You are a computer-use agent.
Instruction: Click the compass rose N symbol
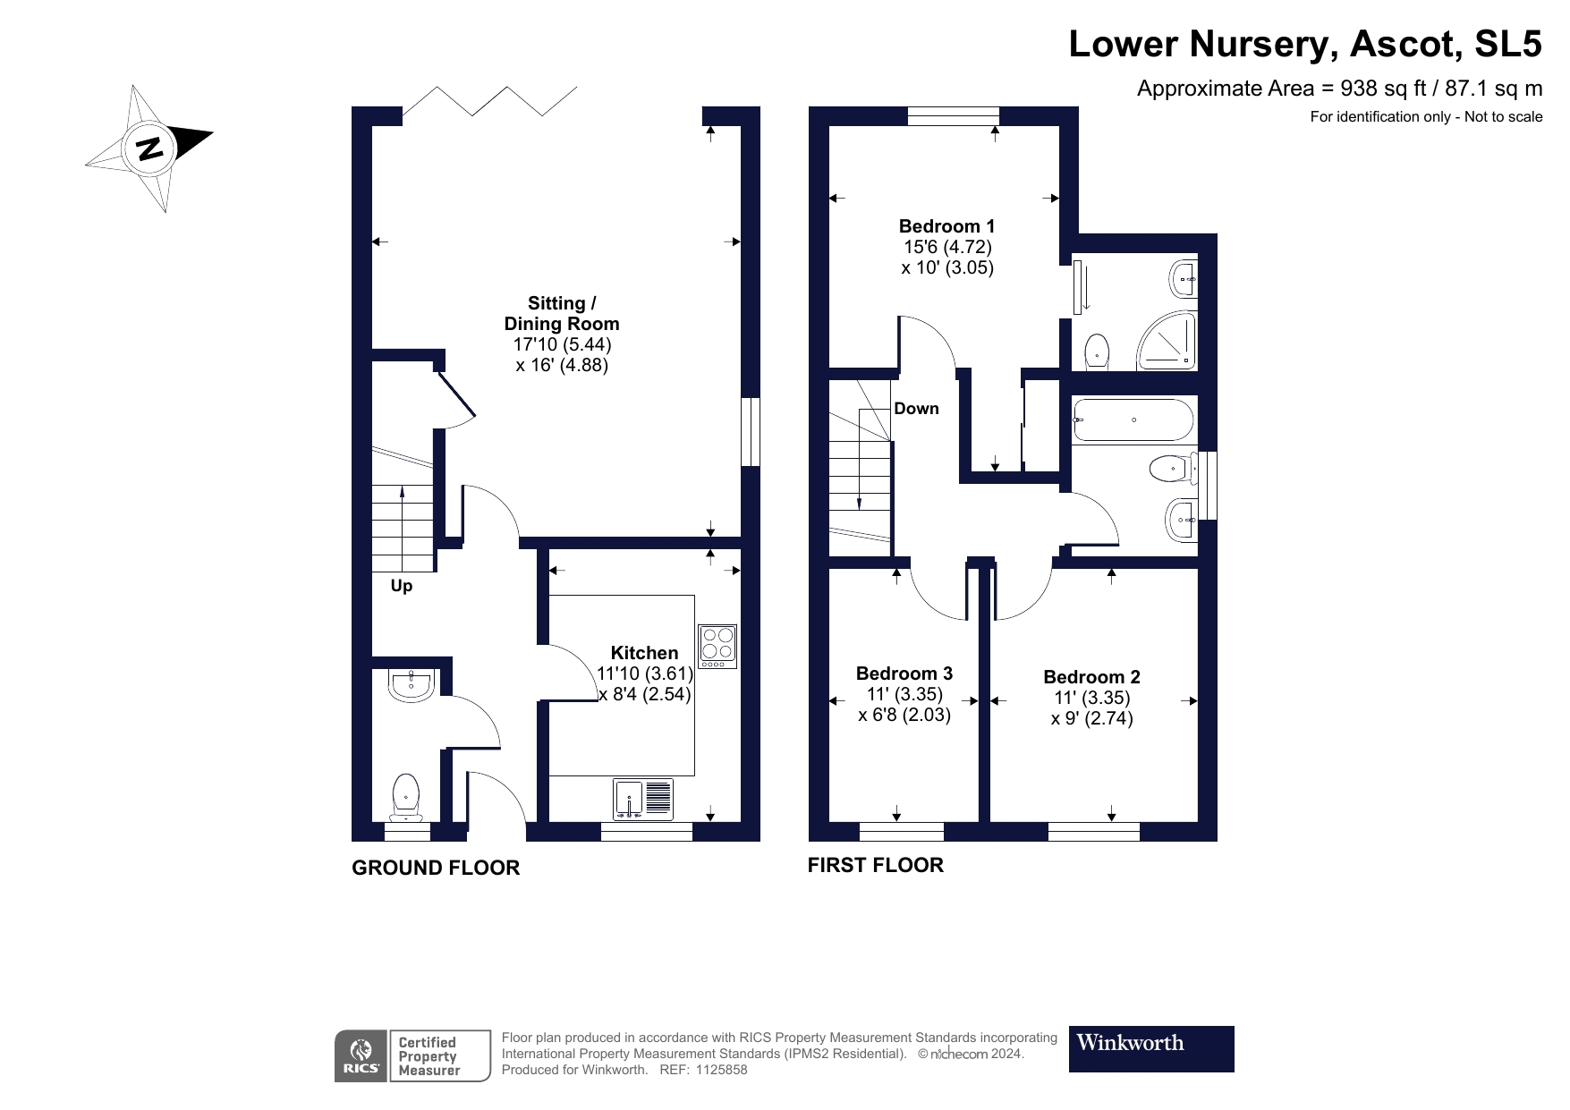[149, 148]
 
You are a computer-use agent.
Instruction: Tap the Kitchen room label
[644, 653]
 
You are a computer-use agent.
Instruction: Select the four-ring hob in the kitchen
[717, 645]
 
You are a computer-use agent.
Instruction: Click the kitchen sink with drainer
[643, 800]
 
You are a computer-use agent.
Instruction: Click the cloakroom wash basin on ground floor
[412, 685]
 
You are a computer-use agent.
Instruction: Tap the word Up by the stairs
[402, 587]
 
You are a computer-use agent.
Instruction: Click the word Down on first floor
[916, 409]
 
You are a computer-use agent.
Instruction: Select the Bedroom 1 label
[946, 226]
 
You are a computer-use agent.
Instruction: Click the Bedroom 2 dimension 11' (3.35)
[1091, 698]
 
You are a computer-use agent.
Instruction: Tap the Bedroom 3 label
[904, 674]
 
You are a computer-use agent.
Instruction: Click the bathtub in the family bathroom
[1133, 419]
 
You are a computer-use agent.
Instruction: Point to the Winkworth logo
[1150, 1048]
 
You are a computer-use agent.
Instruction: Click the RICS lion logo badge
[361, 1055]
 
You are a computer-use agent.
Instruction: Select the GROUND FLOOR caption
[435, 868]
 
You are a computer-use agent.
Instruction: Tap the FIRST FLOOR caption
[875, 865]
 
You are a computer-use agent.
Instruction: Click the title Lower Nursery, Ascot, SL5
[1304, 44]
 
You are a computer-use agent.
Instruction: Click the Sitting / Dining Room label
[562, 313]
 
